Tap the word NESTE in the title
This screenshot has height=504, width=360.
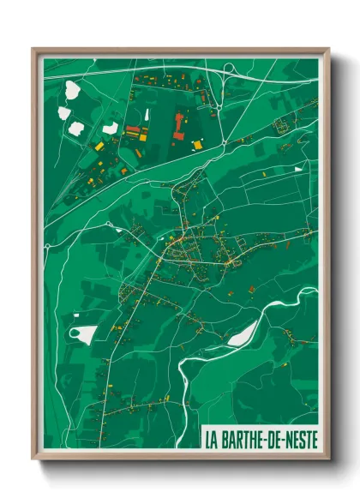pyautogui.click(x=297, y=437)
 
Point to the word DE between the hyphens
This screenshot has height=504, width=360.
pyautogui.click(x=271, y=437)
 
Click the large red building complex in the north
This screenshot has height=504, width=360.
pyautogui.click(x=178, y=125)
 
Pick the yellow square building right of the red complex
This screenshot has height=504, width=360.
pyautogui.click(x=198, y=145)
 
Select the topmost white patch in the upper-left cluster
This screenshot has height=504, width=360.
pyautogui.click(x=71, y=88)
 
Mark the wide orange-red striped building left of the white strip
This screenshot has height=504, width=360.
pyautogui.click(x=133, y=132)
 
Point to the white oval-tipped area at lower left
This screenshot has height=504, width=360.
pyautogui.click(x=82, y=334)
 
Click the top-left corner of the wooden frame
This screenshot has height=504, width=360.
pyautogui.click(x=33, y=49)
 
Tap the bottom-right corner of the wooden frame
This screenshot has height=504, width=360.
pyautogui.click(x=328, y=460)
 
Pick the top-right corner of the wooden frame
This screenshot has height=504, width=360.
pyautogui.click(x=328, y=49)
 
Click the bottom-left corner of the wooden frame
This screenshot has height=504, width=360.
pyautogui.click(x=33, y=460)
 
